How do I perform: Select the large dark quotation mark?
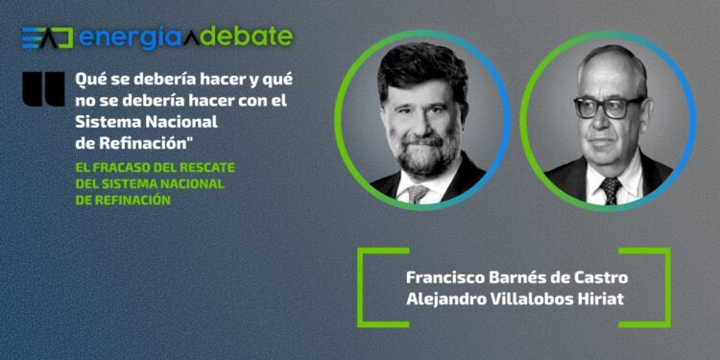[x=44, y=87]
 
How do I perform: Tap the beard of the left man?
[x=423, y=154]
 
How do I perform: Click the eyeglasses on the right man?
[x=610, y=105]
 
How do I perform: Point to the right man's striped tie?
[x=611, y=190]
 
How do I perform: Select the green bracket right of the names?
[x=661, y=287]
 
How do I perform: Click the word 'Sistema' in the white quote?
[x=109, y=123]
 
